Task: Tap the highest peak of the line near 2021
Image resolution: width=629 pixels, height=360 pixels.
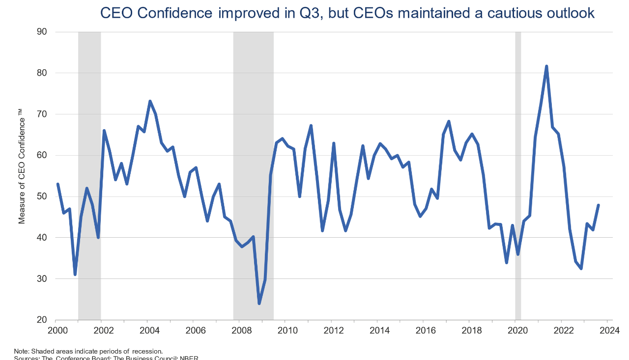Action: pyautogui.click(x=546, y=66)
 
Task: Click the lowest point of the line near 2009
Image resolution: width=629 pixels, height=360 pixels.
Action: pyautogui.click(x=259, y=303)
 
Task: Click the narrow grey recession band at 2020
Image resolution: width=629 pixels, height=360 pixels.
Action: pyautogui.click(x=518, y=147)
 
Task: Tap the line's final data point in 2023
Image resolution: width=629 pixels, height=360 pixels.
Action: pyautogui.click(x=598, y=205)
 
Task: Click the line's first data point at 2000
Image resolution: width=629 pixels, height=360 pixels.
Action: pyautogui.click(x=57, y=184)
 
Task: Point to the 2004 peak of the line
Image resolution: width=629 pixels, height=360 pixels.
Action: pyautogui.click(x=150, y=101)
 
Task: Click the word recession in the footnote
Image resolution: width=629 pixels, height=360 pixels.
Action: pyautogui.click(x=146, y=351)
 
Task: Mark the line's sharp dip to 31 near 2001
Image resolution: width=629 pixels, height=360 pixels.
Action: pyautogui.click(x=75, y=274)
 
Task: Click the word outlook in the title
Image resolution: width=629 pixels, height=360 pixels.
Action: pyautogui.click(x=570, y=13)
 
